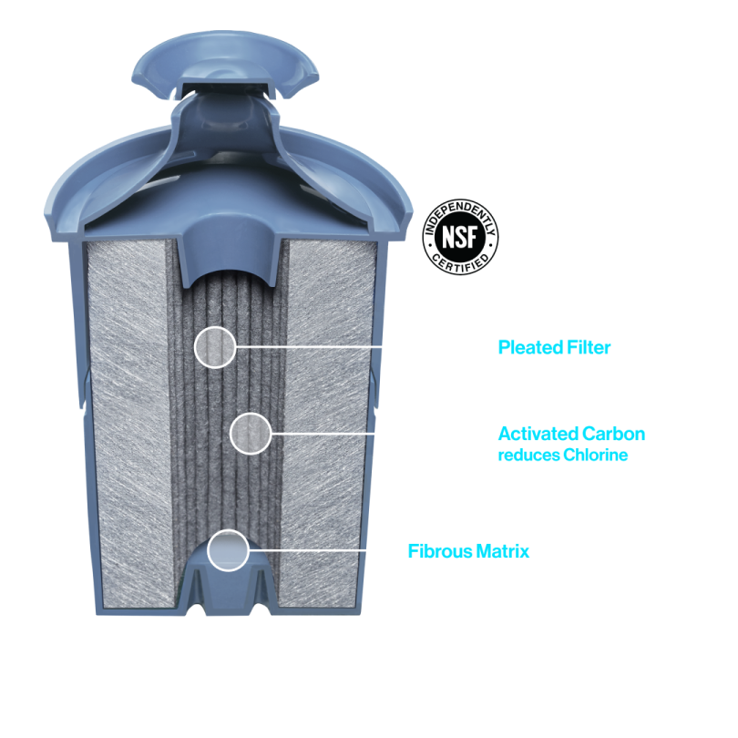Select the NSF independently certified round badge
pyautogui.click(x=461, y=236)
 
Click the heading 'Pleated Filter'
pyautogui.click(x=554, y=347)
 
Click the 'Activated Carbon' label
pyautogui.click(x=571, y=434)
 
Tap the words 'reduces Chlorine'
pyautogui.click(x=563, y=455)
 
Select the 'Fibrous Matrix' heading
pyautogui.click(x=468, y=551)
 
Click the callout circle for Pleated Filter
pyautogui.click(x=215, y=346)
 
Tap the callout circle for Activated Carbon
pyautogui.click(x=251, y=434)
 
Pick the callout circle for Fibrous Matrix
pyautogui.click(x=228, y=551)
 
